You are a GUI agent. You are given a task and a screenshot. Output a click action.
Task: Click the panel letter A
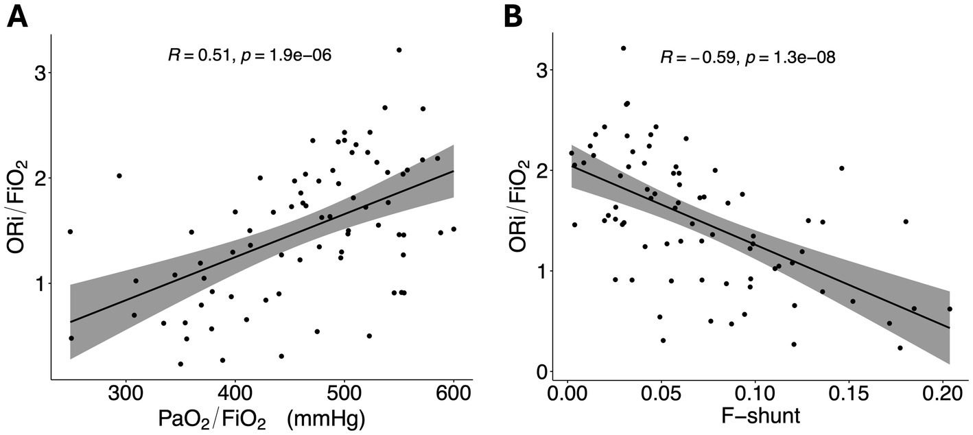point(19,15)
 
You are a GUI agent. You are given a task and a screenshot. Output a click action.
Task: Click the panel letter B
point(515,15)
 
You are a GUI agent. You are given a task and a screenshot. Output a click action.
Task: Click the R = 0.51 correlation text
point(199,56)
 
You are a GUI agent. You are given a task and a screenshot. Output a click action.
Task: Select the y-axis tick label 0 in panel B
point(541,371)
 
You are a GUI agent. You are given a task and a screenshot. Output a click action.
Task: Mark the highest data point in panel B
point(623,48)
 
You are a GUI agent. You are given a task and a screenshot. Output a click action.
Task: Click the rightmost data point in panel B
point(950,309)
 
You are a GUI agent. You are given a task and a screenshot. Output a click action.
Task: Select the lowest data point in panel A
point(180,364)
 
